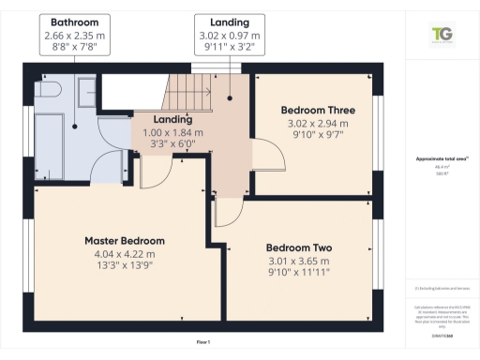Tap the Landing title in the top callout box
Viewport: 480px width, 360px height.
[x=230, y=22]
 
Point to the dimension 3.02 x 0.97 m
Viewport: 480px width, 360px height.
[x=230, y=35]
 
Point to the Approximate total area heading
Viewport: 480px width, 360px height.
[x=437, y=158]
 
